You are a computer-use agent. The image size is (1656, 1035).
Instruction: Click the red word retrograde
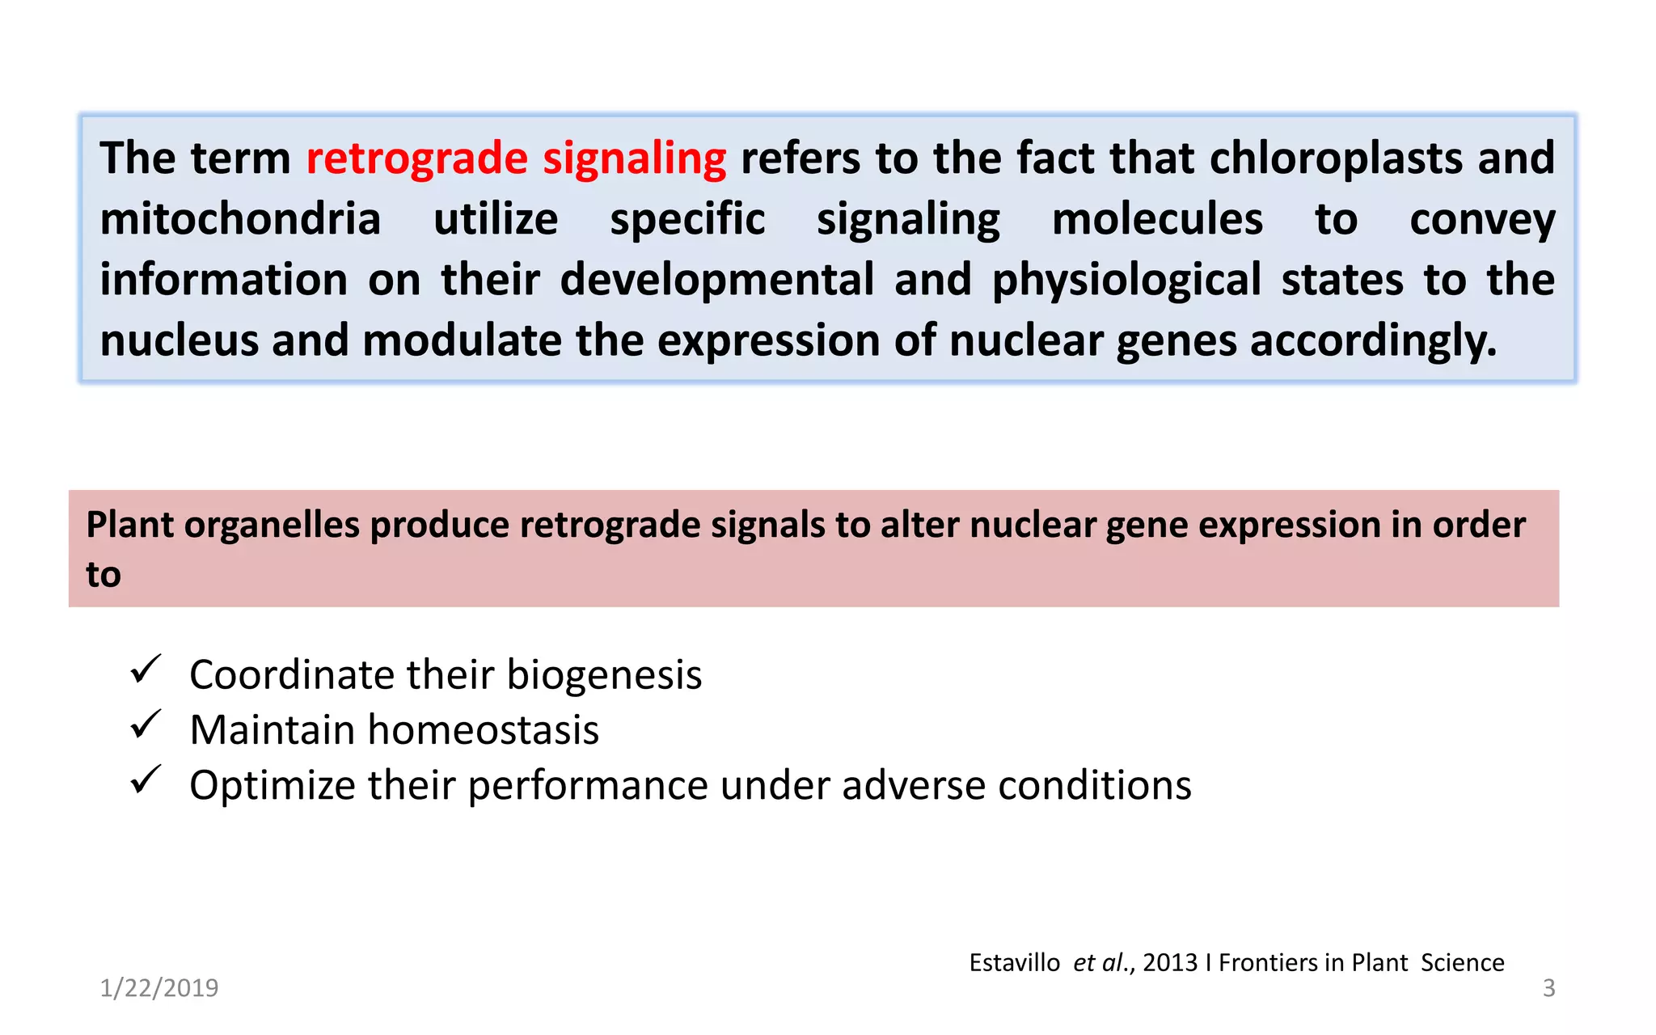click(416, 158)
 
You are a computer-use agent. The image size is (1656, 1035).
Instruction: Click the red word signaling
click(634, 158)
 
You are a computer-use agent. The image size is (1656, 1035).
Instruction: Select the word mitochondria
click(240, 219)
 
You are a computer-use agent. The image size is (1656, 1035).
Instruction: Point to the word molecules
click(1157, 219)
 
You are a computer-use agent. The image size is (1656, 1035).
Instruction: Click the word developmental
click(716, 280)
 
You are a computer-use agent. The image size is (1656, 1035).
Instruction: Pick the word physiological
click(1126, 280)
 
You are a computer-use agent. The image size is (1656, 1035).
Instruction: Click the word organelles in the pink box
click(271, 525)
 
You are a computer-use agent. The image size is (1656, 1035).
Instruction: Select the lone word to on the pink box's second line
click(103, 575)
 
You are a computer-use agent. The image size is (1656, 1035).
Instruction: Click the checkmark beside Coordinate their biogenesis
click(146, 670)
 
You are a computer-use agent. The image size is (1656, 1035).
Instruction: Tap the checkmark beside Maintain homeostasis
click(146, 724)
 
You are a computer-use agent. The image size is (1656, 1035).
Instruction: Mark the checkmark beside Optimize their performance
click(146, 780)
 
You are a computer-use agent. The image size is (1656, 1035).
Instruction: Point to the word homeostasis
click(483, 729)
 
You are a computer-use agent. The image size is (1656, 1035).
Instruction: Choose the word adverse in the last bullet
click(913, 785)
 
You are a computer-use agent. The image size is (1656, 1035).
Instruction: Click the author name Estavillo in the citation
click(1014, 963)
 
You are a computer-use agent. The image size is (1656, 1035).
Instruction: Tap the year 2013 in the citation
click(1169, 963)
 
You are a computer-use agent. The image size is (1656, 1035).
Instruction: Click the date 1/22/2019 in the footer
click(159, 988)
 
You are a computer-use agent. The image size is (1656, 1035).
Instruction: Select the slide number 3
click(1548, 988)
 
